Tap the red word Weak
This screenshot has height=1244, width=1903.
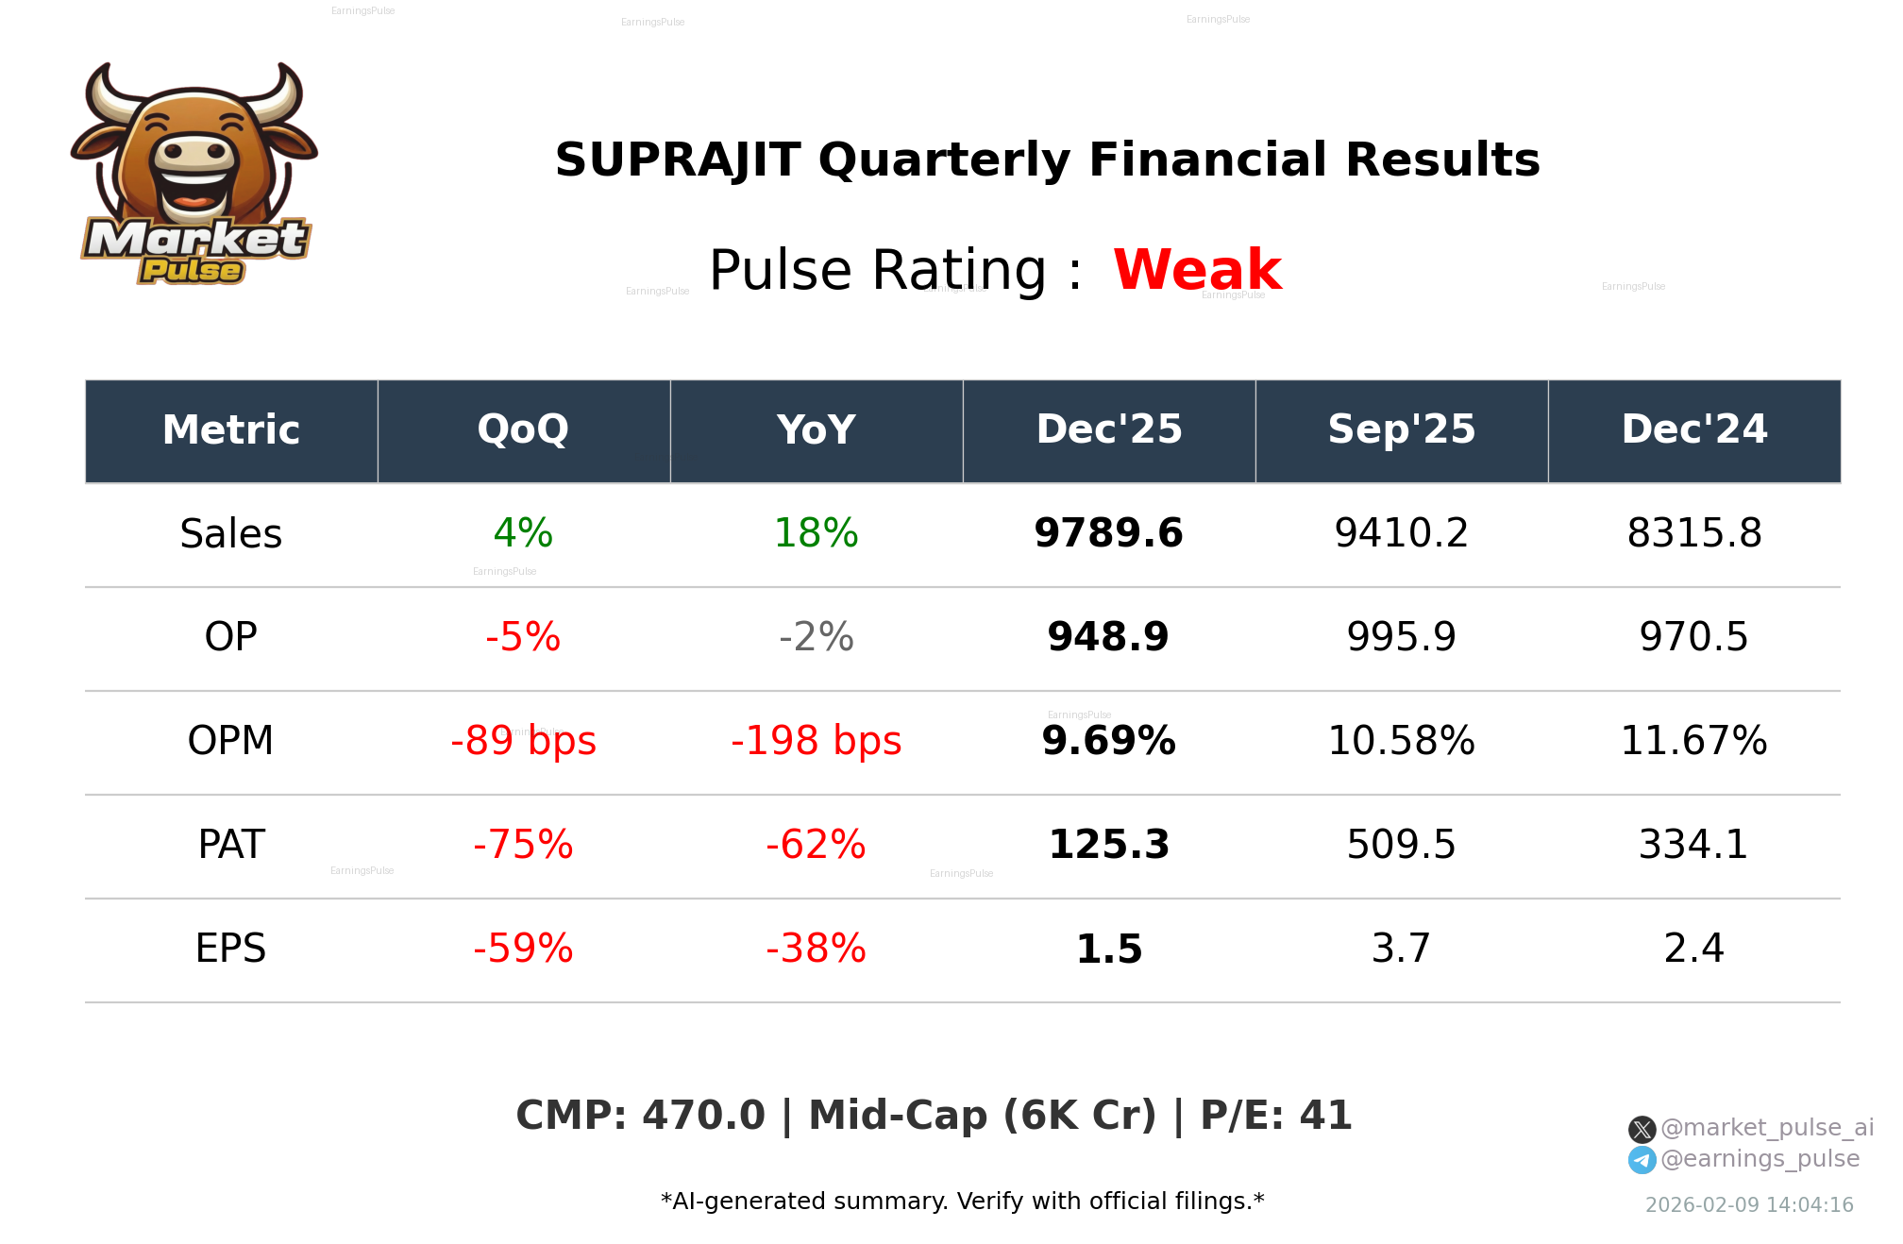point(1197,270)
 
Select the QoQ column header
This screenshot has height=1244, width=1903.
point(523,430)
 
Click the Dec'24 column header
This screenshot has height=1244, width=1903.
point(1693,430)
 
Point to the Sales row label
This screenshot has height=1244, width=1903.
point(231,534)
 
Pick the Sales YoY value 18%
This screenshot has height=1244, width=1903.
point(816,534)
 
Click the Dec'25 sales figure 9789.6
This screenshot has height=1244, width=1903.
point(1108,534)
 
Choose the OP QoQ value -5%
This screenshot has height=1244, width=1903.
point(523,638)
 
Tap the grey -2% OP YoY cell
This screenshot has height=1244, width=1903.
point(816,638)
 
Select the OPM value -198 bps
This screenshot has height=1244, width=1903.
point(816,742)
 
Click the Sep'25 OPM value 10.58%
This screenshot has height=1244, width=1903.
point(1401,742)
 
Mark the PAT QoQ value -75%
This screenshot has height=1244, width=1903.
point(523,846)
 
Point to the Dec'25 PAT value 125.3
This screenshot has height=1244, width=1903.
point(1108,846)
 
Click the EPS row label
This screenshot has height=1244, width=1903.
point(231,950)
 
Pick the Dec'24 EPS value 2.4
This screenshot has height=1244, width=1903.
point(1693,950)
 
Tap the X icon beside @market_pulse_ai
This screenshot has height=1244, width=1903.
point(1642,1129)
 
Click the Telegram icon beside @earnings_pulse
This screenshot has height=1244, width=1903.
point(1642,1160)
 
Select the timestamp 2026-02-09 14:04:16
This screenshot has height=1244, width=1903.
point(1749,1205)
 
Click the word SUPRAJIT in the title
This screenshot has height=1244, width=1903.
point(678,160)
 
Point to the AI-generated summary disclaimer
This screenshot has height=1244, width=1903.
point(962,1202)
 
